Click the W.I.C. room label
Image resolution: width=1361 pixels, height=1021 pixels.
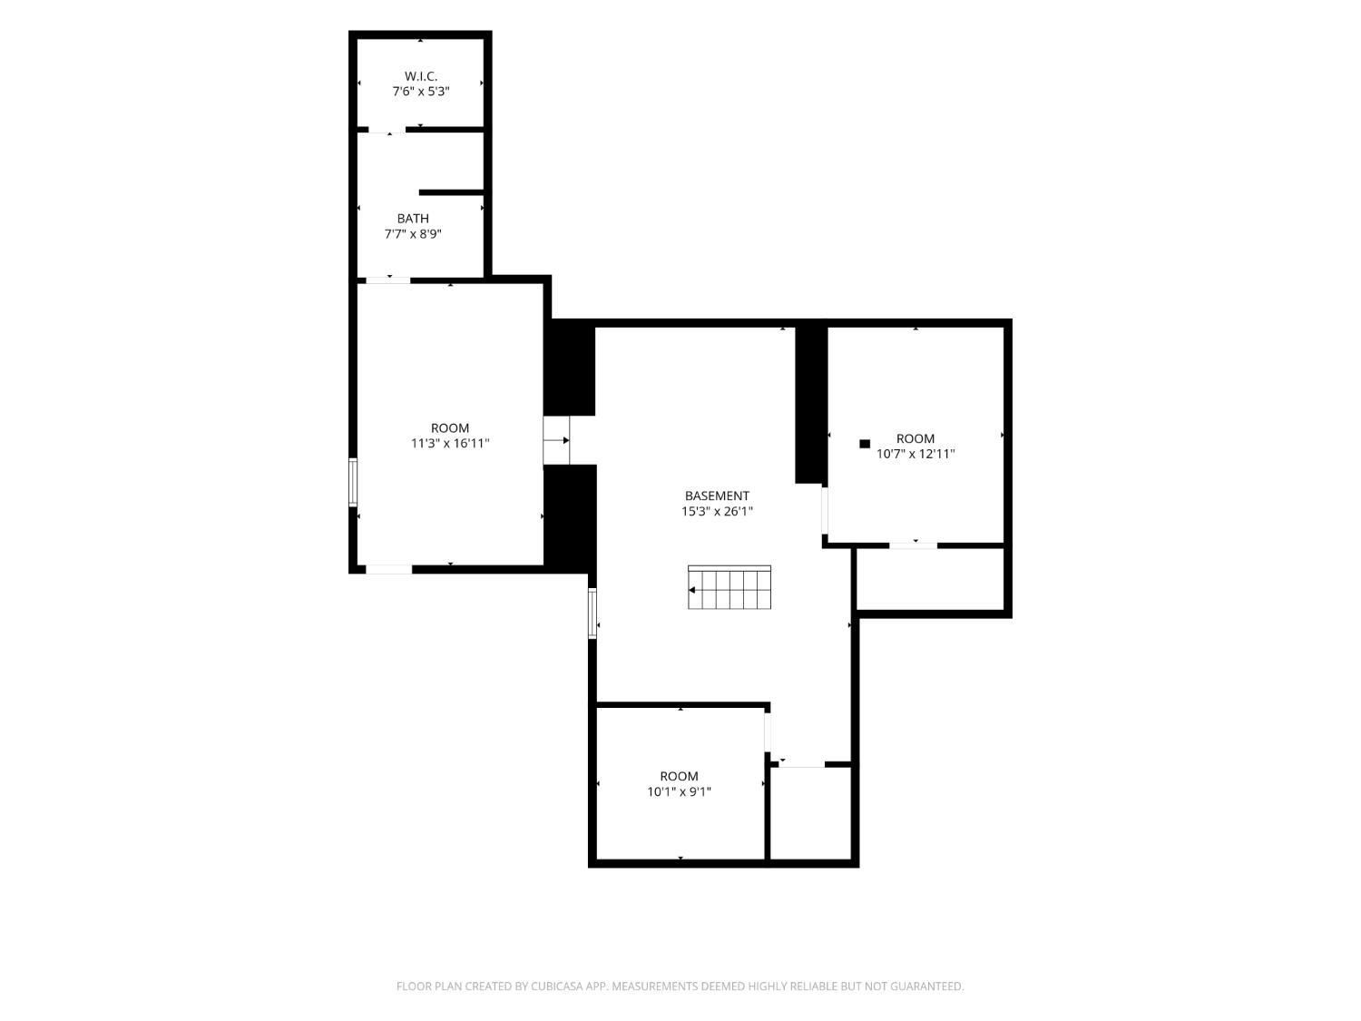tap(420, 76)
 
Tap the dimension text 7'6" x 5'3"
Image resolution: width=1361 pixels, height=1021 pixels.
tap(420, 92)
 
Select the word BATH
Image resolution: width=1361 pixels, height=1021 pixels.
tap(412, 218)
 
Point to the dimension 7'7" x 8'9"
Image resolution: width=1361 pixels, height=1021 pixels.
tap(412, 234)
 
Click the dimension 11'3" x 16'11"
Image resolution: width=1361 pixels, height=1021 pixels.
tap(449, 443)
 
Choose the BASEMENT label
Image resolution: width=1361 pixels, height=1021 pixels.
tap(717, 496)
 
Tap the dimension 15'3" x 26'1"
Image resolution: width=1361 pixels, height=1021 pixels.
tap(717, 512)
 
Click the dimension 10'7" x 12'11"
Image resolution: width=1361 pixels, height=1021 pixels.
tap(915, 454)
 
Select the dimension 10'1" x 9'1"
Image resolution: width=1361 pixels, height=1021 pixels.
tap(679, 791)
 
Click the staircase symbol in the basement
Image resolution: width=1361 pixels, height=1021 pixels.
tap(729, 587)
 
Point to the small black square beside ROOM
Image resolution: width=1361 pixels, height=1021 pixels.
tap(865, 443)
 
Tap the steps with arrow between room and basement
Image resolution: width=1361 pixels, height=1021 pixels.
tap(556, 440)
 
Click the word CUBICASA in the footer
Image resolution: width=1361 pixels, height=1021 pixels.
tap(556, 986)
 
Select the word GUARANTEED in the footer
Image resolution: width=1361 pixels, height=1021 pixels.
tap(930, 986)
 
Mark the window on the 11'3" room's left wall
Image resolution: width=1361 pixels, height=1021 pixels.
tap(353, 482)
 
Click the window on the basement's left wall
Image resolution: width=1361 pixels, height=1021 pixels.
tap(592, 614)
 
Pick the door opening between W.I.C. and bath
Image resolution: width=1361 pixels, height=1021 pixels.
tap(387, 130)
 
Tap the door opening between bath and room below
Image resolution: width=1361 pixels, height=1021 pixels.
tap(388, 280)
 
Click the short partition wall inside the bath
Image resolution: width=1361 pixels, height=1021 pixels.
tap(451, 192)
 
